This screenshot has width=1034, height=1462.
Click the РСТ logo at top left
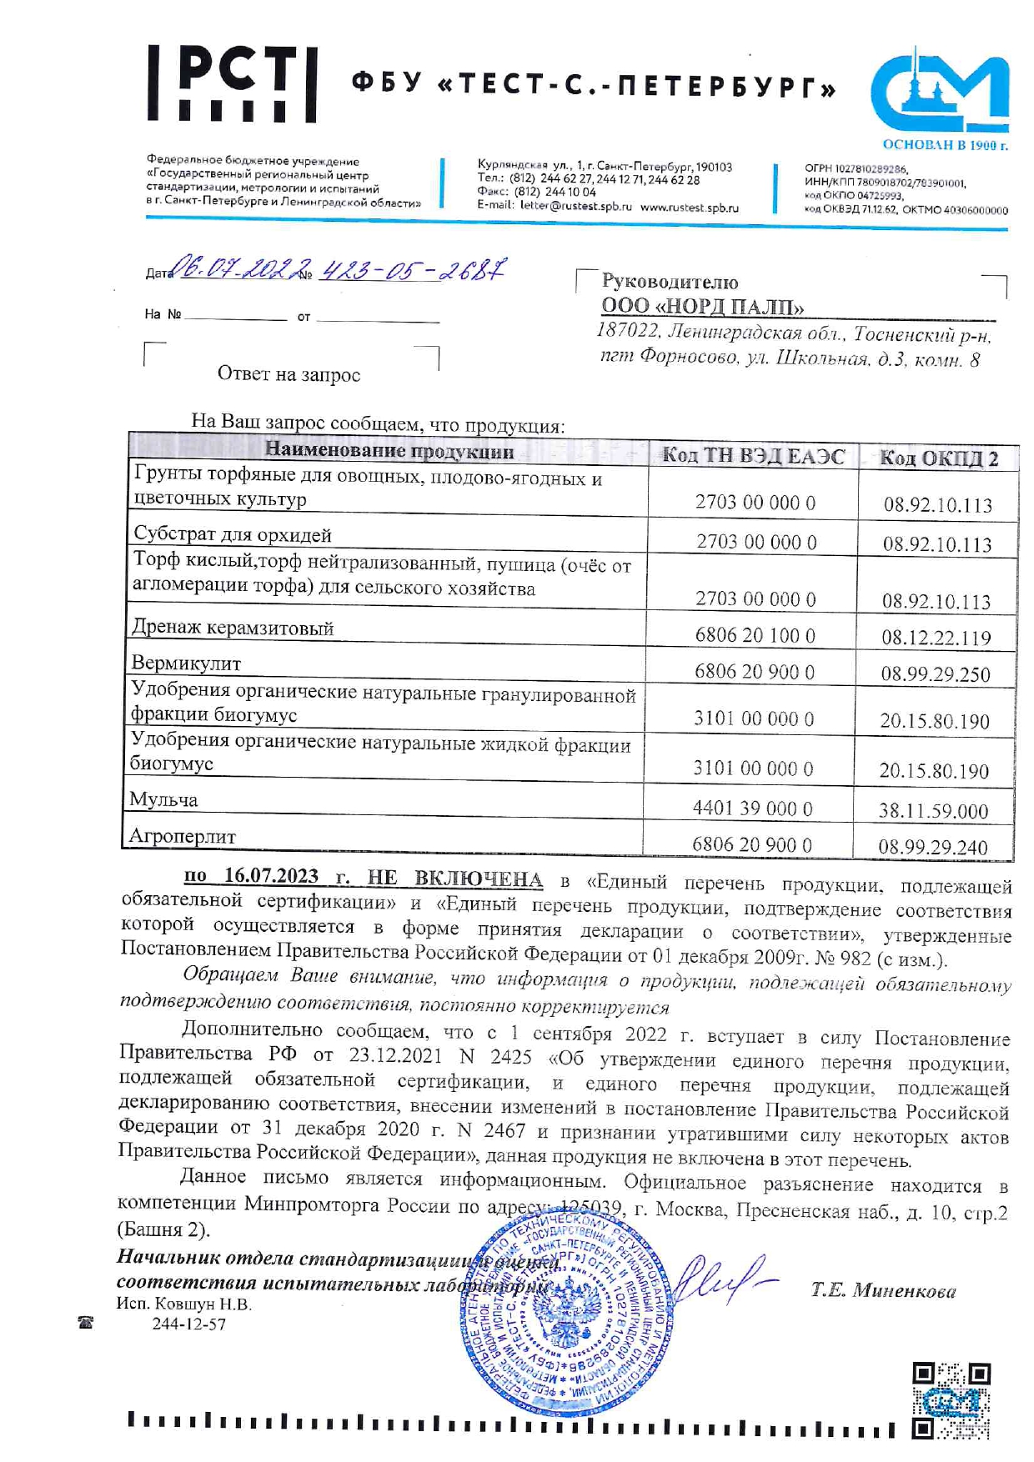233,84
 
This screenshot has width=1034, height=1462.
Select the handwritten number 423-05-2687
412,269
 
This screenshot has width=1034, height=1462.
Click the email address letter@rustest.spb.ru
575,207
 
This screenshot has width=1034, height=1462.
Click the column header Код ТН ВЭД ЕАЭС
752,456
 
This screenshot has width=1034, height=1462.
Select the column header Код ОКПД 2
938,458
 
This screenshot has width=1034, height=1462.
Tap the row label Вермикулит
186,663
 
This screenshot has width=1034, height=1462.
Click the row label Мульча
163,800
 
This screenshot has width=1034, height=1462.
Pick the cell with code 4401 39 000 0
752,809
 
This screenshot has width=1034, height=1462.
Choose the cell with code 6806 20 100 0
755,635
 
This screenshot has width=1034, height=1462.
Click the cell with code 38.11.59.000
933,811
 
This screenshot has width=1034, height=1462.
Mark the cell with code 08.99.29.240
933,848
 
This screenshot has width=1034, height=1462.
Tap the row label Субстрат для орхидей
233,534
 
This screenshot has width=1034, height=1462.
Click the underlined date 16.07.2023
271,876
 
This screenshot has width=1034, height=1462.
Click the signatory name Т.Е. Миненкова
883,1291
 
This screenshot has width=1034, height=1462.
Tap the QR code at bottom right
951,1400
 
